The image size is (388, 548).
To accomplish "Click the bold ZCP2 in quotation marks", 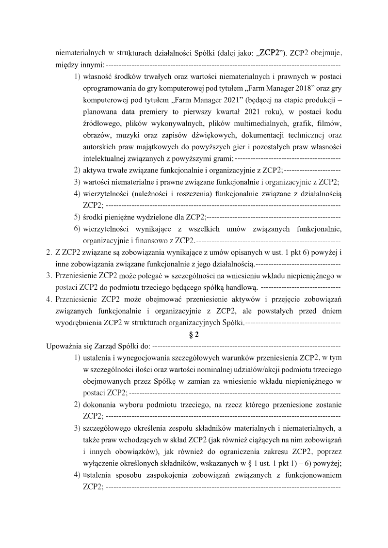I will [269, 53].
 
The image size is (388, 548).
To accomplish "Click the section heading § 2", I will [194, 334].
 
